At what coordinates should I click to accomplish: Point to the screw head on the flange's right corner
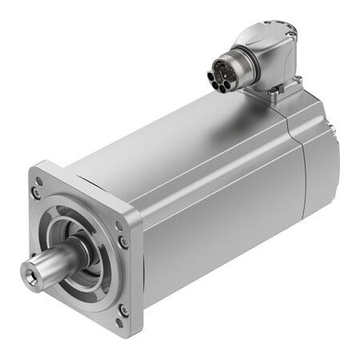pyautogui.click(x=122, y=242)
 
